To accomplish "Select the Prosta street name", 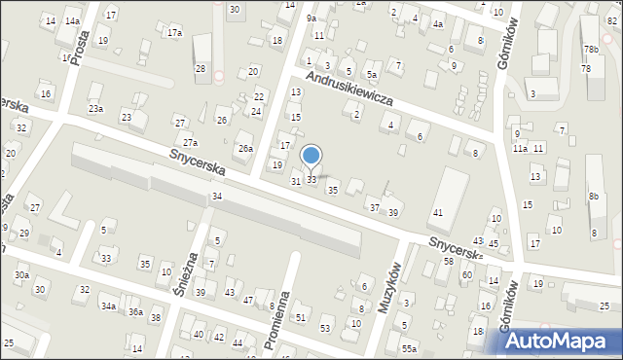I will pos(80,43).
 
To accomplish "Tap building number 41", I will pos(438,212).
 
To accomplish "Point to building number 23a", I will pos(95,109).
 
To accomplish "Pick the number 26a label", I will pos(246,149).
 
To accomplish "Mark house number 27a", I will pos(190,143).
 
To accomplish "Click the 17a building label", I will pos(174,32).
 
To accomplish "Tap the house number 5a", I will pos(371,74).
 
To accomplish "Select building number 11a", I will pos(521,148).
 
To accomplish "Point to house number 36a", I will pos(135,311).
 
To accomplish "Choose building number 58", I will pos(449,262).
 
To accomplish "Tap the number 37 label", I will pos(374,207).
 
